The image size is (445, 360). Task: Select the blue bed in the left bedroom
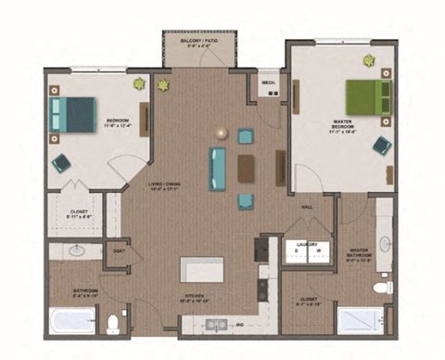coord(73,114)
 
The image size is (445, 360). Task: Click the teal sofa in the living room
coord(218,168)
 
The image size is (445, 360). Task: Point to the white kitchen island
coord(204,268)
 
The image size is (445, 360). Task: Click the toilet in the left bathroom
coord(114,323)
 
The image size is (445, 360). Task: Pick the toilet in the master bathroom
coord(381,288)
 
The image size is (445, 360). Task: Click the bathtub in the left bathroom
coord(72,321)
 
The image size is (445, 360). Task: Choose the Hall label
coord(305,206)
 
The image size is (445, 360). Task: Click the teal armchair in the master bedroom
coord(381,145)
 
